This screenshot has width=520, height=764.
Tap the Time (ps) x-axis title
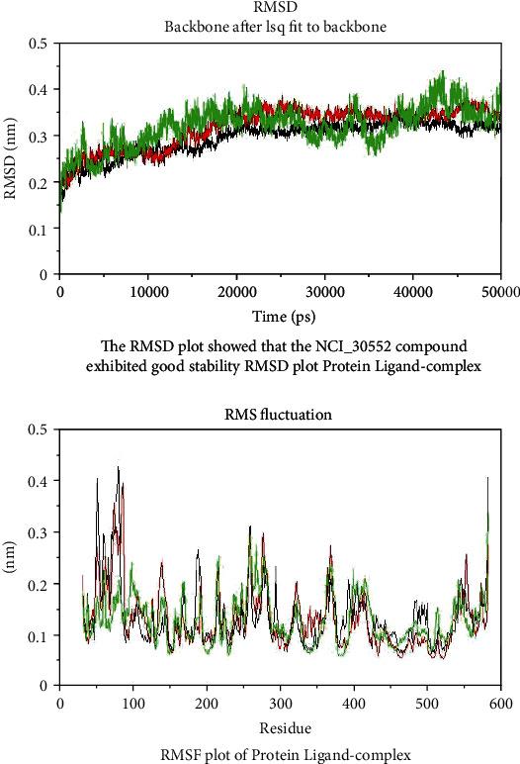(280, 315)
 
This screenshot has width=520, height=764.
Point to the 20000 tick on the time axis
(236, 292)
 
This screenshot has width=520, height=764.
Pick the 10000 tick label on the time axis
(147, 292)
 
